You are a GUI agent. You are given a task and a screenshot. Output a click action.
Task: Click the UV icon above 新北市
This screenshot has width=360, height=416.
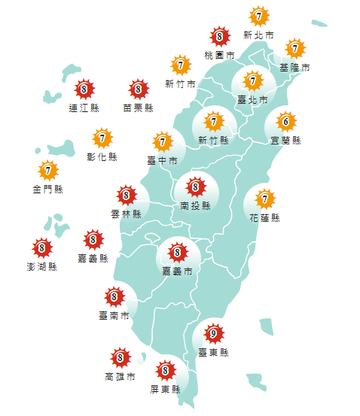(x=259, y=16)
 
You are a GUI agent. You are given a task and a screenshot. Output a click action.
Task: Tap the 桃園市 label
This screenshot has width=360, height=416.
(x=219, y=55)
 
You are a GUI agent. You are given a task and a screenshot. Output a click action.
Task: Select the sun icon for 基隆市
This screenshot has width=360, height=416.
(x=294, y=49)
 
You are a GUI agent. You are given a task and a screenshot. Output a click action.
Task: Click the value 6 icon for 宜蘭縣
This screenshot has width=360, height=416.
(x=285, y=121)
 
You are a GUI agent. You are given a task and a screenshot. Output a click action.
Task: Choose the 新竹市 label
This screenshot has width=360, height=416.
(x=180, y=84)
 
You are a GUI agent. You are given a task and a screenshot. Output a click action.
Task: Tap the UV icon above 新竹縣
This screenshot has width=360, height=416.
(x=214, y=121)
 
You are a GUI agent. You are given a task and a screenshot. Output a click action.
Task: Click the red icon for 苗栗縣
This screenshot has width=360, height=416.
(x=138, y=90)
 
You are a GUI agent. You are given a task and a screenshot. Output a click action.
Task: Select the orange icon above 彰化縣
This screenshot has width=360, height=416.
(x=102, y=138)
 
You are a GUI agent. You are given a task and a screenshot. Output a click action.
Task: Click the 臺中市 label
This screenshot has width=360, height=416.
(x=163, y=160)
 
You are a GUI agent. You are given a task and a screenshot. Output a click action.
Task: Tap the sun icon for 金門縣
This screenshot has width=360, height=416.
(x=47, y=171)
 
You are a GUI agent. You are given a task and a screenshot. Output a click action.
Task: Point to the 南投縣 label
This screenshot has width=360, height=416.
(x=195, y=205)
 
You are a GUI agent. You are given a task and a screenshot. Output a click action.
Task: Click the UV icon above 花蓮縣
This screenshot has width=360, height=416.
(x=264, y=199)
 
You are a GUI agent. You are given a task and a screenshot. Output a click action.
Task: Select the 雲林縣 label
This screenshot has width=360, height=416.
(x=126, y=214)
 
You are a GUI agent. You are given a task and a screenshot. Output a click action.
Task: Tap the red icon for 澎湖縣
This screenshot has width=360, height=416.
(x=41, y=247)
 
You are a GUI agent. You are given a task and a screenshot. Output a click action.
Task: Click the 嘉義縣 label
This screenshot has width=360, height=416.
(x=93, y=259)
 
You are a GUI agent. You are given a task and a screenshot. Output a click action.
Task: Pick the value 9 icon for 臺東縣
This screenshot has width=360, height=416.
(x=214, y=333)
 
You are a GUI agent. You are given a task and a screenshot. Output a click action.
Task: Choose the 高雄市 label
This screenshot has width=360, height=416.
(x=120, y=376)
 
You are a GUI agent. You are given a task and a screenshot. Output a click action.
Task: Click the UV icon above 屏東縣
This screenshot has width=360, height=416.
(x=165, y=370)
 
